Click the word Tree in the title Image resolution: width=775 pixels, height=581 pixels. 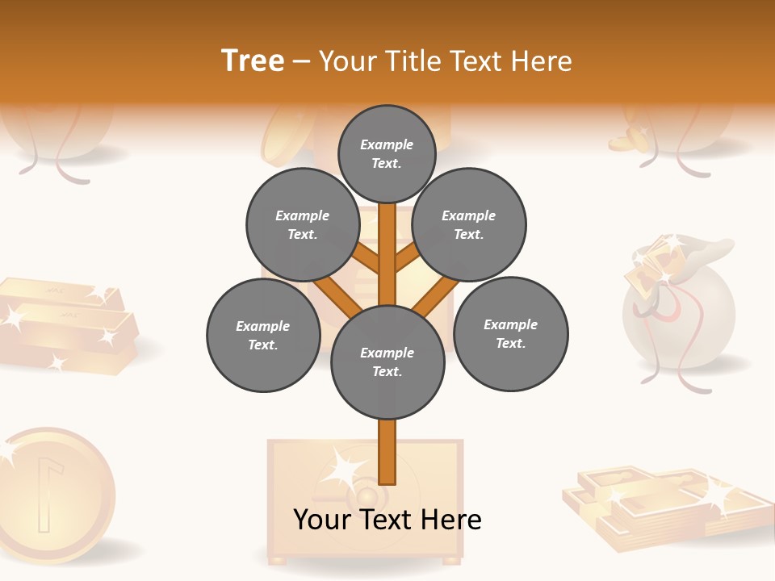tap(253, 61)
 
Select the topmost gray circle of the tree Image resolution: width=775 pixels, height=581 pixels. tap(387, 153)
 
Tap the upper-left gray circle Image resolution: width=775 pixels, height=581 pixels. tap(303, 224)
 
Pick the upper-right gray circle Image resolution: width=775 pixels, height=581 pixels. tap(469, 224)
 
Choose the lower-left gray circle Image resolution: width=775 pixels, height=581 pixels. tap(263, 335)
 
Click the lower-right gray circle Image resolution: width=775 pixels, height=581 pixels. tap(510, 333)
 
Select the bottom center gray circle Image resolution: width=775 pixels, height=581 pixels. tap(387, 362)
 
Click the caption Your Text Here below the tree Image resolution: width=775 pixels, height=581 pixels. tap(387, 520)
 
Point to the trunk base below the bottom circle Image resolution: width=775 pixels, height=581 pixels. tap(387, 452)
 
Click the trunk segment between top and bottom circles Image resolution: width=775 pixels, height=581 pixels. tap(387, 254)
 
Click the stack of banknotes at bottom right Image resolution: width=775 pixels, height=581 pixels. tap(662, 504)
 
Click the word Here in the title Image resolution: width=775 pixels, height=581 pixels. tap(544, 61)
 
